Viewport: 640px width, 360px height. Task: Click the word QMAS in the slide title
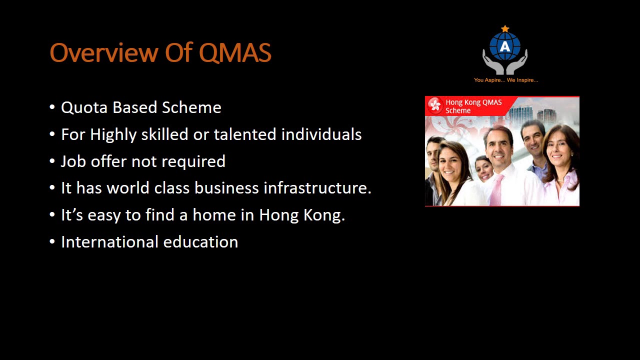(235, 52)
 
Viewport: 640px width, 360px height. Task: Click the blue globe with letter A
(505, 46)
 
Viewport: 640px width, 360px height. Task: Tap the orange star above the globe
(505, 29)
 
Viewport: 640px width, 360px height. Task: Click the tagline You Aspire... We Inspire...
(505, 80)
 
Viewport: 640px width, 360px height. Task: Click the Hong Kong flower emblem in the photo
(435, 105)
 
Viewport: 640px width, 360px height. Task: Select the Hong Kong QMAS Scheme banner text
(473, 106)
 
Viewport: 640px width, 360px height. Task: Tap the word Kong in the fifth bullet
(323, 215)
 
